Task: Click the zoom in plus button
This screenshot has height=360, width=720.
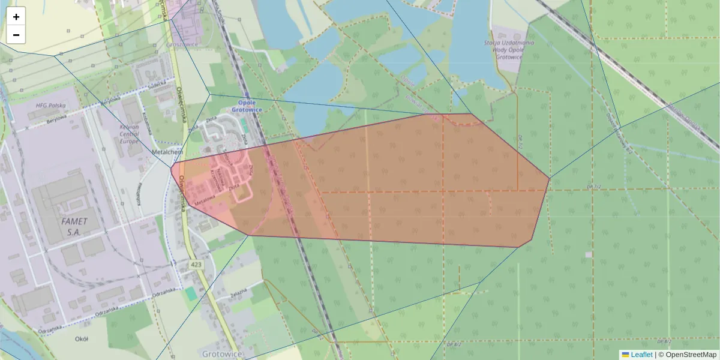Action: click(x=16, y=17)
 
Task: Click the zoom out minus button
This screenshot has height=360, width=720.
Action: click(x=16, y=35)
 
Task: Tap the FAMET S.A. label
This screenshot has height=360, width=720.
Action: click(x=74, y=226)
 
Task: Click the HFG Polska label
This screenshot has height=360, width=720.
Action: click(x=50, y=106)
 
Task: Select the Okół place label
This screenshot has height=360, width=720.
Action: click(x=82, y=339)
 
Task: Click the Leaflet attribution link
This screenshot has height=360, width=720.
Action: click(x=641, y=355)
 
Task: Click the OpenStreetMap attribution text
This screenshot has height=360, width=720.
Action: click(x=687, y=355)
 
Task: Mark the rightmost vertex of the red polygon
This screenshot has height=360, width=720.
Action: click(x=550, y=178)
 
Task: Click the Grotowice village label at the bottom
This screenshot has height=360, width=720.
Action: click(x=223, y=354)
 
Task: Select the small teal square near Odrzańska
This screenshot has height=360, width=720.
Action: click(x=190, y=293)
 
